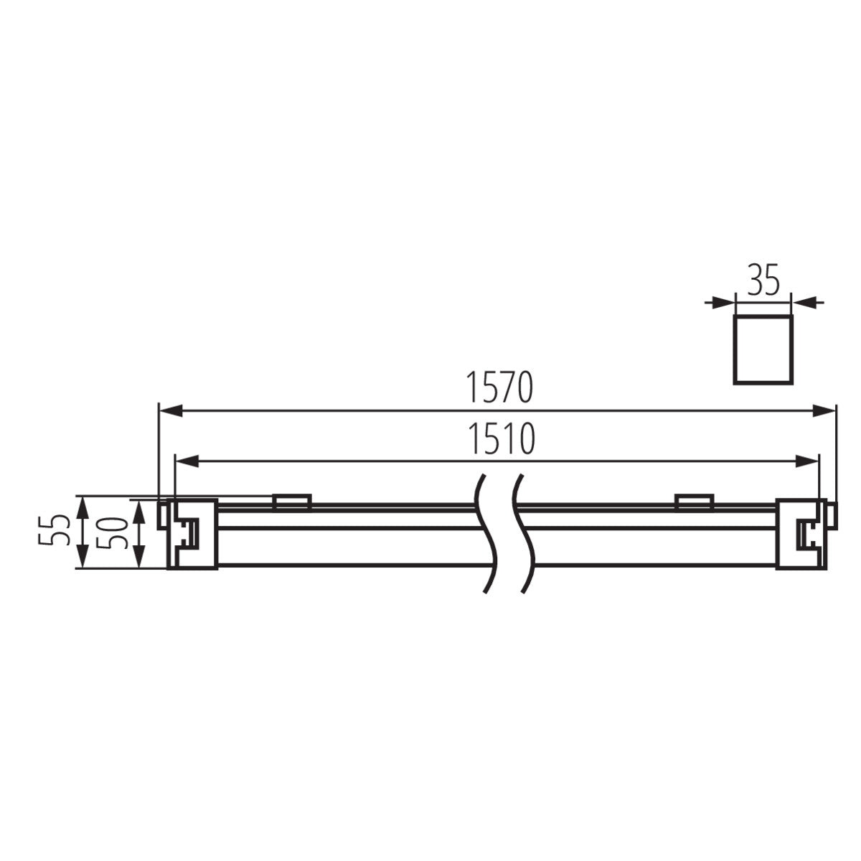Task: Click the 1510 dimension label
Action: click(x=500, y=439)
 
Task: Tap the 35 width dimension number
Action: click(x=763, y=282)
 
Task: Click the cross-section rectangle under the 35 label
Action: click(x=762, y=347)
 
